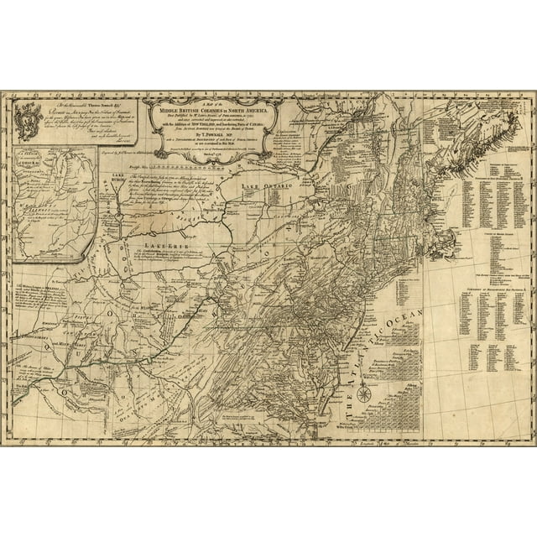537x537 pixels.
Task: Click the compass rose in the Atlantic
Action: click(x=364, y=394)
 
